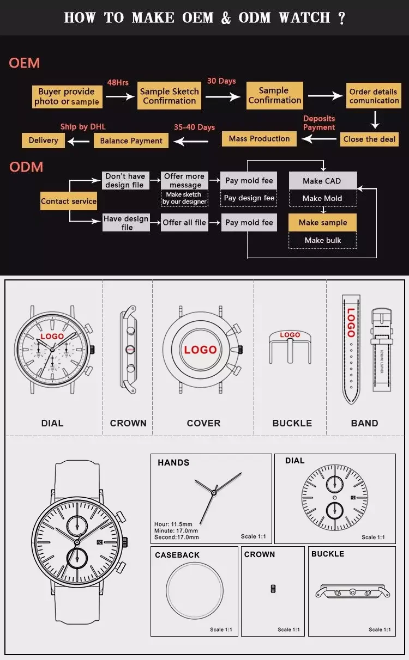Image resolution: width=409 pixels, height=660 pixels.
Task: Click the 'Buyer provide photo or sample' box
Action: (67, 96)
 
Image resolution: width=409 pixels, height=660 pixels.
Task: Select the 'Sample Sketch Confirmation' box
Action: (169, 96)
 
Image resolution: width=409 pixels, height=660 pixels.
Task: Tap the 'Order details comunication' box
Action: (374, 96)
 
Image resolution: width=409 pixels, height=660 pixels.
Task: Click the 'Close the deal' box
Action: (369, 139)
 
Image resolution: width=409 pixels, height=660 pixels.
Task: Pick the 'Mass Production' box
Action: (259, 139)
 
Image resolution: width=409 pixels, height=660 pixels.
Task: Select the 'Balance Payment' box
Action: (131, 140)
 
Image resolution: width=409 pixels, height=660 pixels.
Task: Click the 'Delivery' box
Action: (43, 140)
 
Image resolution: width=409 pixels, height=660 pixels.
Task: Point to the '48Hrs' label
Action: (118, 82)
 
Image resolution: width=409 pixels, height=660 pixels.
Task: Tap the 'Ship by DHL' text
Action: (83, 126)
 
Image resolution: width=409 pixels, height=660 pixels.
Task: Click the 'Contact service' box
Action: (69, 201)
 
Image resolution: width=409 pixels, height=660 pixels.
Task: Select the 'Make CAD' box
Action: (322, 181)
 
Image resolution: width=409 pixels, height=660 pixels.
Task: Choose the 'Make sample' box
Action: (322, 222)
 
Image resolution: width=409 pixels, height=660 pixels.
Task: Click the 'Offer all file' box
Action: (184, 222)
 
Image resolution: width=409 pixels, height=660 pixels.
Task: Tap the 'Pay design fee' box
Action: (249, 198)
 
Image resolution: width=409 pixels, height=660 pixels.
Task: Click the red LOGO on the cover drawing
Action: (200, 350)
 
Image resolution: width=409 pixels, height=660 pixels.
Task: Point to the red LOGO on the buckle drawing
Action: (290, 335)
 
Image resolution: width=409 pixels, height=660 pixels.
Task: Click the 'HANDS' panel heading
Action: (173, 462)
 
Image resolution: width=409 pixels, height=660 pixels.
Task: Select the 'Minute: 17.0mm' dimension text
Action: (176, 530)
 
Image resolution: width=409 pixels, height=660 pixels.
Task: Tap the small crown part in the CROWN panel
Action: (273, 588)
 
